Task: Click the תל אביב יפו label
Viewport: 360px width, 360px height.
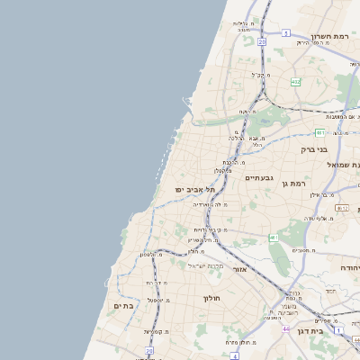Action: tap(196, 190)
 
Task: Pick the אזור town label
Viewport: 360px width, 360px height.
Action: tap(239, 269)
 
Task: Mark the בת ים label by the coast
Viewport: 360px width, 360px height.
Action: tap(123, 306)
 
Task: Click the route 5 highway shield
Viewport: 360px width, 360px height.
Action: tap(285, 32)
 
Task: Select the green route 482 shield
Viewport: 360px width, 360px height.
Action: tap(296, 82)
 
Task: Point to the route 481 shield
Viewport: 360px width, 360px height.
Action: tap(319, 132)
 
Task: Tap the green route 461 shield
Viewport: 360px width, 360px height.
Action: tap(272, 238)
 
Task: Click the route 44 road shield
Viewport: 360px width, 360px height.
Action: tap(286, 329)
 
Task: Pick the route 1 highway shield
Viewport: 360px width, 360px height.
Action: tap(338, 330)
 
